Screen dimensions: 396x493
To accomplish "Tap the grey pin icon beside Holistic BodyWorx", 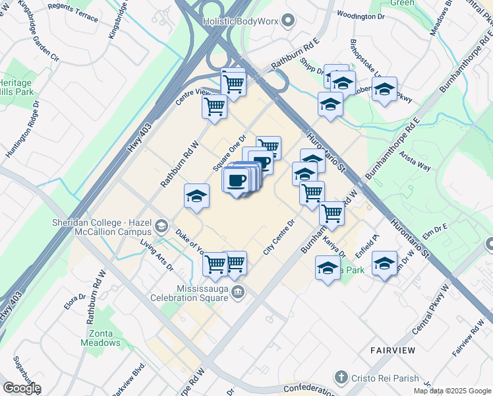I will coord(288,22).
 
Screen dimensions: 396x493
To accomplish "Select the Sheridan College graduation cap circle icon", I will coord(161,228).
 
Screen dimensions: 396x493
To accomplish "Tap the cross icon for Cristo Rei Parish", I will coord(340,378).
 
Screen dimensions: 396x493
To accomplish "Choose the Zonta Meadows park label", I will coord(100,338).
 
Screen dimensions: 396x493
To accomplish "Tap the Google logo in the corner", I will coord(22,388).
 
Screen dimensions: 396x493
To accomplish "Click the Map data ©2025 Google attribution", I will coord(452,391).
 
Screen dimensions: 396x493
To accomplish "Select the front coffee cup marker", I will coord(236,180).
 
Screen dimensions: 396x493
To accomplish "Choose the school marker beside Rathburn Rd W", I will coord(196,196).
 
